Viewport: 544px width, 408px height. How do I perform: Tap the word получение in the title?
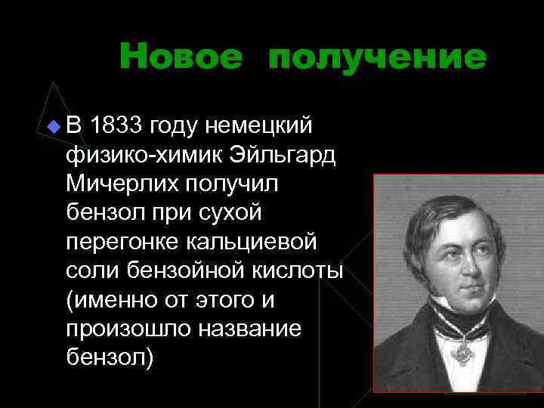(376, 57)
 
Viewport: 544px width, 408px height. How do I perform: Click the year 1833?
(117, 125)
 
